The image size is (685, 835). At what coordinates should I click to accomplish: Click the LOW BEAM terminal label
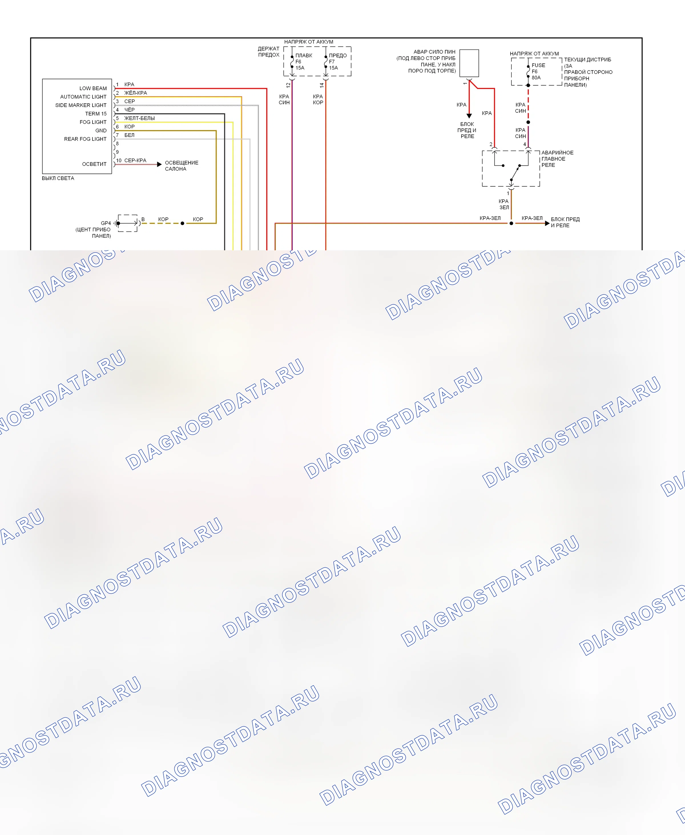pos(93,88)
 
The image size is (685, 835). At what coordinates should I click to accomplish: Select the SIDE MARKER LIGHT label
pos(81,105)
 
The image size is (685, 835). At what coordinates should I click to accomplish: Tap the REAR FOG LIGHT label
pos(85,139)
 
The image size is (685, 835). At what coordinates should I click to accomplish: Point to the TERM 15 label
pos(96,114)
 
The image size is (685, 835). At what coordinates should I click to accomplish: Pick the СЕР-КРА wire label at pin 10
pos(135,161)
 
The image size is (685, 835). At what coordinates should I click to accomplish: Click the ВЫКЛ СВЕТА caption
pos(58,178)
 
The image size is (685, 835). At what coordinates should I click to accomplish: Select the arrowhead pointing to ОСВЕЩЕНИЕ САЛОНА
pos(160,164)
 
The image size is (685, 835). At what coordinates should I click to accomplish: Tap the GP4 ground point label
pos(106,223)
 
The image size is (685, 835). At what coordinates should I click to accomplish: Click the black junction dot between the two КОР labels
pos(182,223)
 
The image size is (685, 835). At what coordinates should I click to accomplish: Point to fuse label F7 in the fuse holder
pos(332,62)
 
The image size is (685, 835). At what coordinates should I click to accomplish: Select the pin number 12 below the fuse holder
pos(289,85)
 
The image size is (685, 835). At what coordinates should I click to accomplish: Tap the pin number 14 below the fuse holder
pos(322,85)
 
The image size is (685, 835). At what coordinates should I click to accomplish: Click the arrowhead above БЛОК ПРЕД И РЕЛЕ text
pos(469,116)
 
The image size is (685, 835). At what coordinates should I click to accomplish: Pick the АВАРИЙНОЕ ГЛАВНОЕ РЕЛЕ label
pos(557,159)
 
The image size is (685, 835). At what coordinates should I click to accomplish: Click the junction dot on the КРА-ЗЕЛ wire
pos(511,223)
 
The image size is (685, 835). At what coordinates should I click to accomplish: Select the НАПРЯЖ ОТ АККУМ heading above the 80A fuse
pos(534,54)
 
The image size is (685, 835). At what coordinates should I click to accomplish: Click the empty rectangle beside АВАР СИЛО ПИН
pos(469,63)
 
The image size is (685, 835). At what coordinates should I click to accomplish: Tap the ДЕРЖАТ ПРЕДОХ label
pos(269,52)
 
